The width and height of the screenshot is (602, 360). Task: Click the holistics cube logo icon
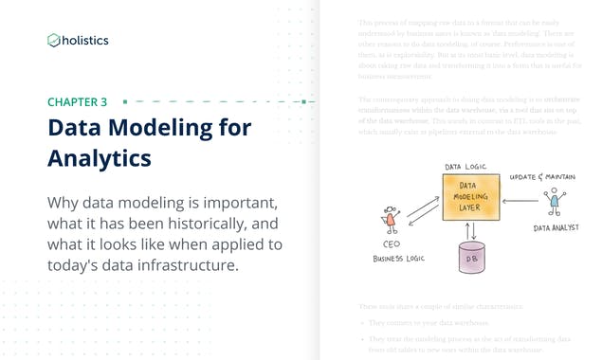[54, 40]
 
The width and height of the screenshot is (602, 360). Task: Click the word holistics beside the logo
[85, 40]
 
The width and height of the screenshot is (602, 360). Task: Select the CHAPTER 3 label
[77, 101]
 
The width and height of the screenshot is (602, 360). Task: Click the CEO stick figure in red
[387, 220]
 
